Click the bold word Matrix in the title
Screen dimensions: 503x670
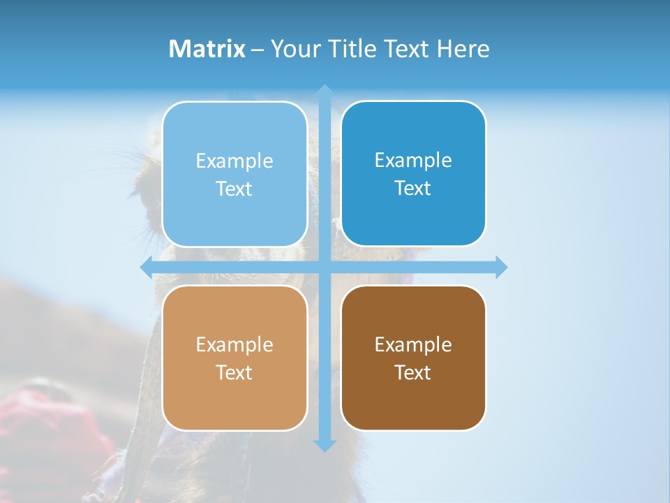(207, 49)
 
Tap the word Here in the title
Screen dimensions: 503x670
(463, 49)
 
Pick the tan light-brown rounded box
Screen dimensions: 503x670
(234, 398)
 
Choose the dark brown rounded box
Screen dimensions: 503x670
(413, 398)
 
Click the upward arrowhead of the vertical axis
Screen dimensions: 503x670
(324, 91)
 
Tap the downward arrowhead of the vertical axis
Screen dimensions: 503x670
(324, 445)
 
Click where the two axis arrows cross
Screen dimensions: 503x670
(324, 267)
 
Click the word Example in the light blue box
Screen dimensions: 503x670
(234, 161)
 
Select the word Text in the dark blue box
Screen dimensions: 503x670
(413, 189)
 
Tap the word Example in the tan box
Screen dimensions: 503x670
(234, 345)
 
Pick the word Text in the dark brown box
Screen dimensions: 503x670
(413, 373)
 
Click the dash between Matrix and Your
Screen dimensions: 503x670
(258, 50)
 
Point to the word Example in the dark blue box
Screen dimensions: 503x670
(413, 161)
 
